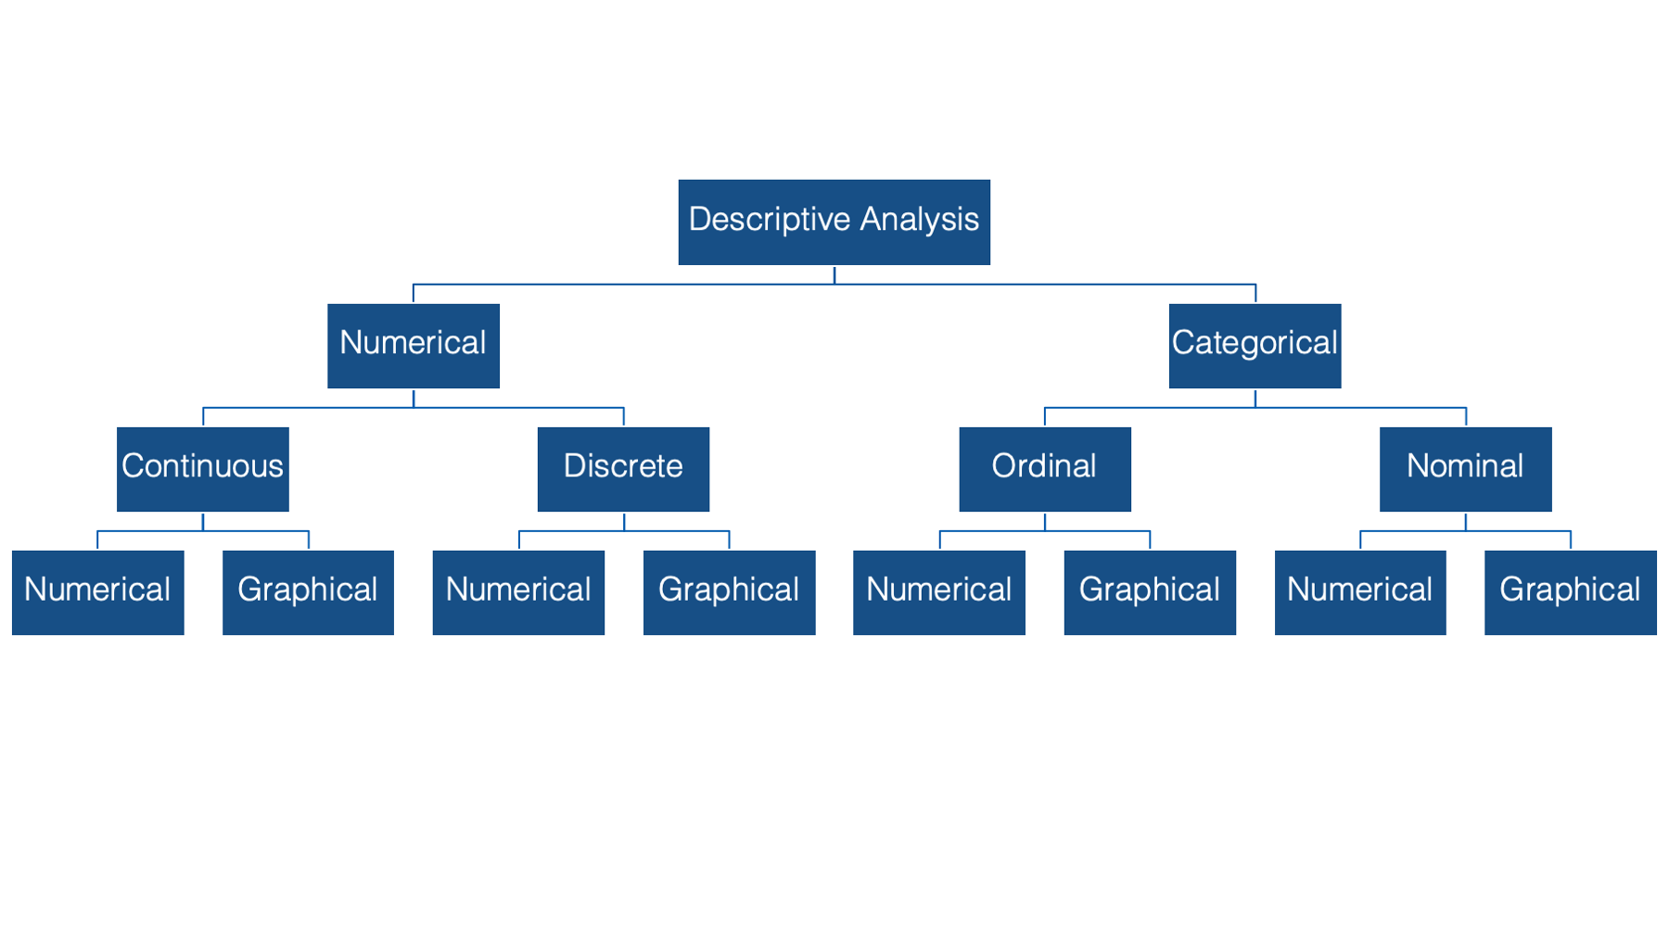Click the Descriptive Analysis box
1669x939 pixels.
pyautogui.click(x=834, y=222)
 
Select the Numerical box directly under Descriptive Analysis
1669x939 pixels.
pyautogui.click(x=414, y=345)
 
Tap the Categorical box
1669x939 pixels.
pyautogui.click(x=1255, y=345)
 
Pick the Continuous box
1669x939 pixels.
pyautogui.click(x=203, y=469)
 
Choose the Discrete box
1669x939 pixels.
pyautogui.click(x=623, y=469)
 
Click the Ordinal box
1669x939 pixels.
pyautogui.click(x=1045, y=469)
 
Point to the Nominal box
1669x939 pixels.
pyautogui.click(x=1465, y=469)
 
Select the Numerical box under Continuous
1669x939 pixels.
pyautogui.click(x=97, y=592)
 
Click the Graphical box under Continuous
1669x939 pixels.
pyautogui.click(x=308, y=592)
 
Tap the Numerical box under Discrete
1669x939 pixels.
pyautogui.click(x=518, y=592)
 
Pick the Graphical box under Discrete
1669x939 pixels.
pyautogui.click(x=729, y=592)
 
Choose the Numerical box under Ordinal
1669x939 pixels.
pyautogui.click(x=939, y=592)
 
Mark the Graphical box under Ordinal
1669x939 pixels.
pyautogui.click(x=1150, y=592)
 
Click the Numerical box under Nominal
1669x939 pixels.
pyautogui.click(x=1360, y=592)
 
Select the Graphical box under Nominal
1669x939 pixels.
pyautogui.click(x=1571, y=592)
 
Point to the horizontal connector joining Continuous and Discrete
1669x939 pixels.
pyautogui.click(x=414, y=408)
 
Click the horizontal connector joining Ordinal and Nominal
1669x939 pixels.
pyautogui.click(x=1255, y=408)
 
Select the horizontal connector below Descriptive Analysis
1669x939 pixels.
pyautogui.click(x=834, y=285)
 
